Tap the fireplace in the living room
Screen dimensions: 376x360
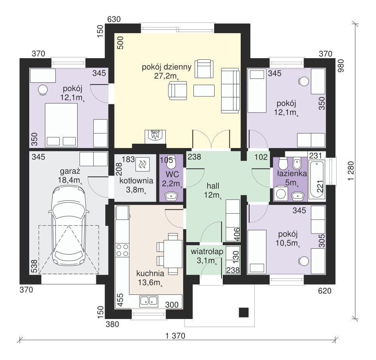coord(155,137)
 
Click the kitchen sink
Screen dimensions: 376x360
coord(149,301)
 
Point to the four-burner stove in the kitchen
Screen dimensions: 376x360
coord(122,250)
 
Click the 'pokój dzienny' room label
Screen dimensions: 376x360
coord(167,67)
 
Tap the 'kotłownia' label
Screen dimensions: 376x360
coord(136,180)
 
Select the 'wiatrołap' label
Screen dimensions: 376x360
coord(207,251)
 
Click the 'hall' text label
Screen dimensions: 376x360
coord(213,186)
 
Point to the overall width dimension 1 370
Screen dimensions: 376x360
coord(175,335)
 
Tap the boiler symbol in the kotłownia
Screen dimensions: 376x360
coord(142,164)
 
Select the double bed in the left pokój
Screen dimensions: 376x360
coord(61,125)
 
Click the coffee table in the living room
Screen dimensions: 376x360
coord(204,91)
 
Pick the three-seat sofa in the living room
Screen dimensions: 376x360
coord(230,91)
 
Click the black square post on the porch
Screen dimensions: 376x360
coord(244,312)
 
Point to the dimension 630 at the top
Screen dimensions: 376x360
coord(114,19)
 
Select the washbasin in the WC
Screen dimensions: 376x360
coord(171,196)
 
